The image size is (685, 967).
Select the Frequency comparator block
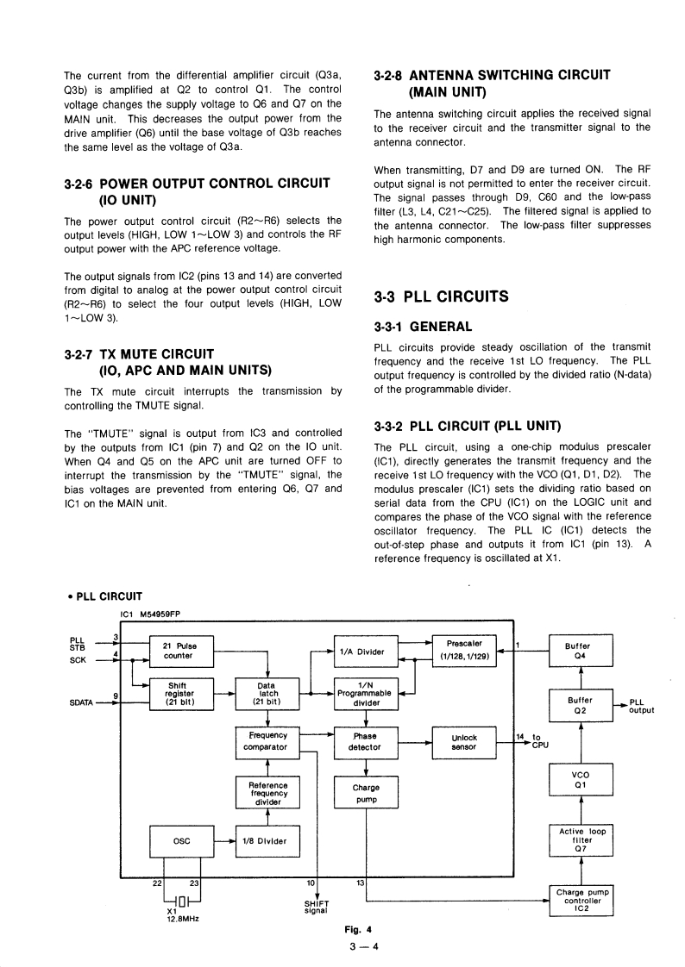(267, 741)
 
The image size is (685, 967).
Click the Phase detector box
(365, 742)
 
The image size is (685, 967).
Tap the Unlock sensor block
(464, 742)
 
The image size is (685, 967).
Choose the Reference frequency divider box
(267, 792)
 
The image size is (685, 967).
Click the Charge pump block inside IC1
(365, 793)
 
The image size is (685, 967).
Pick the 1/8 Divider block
(267, 841)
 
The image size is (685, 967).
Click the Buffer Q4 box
(581, 650)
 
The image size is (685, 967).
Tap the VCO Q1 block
(581, 780)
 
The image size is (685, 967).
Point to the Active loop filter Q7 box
(581, 840)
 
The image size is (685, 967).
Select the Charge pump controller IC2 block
(581, 900)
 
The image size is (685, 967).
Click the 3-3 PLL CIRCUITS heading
(441, 297)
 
